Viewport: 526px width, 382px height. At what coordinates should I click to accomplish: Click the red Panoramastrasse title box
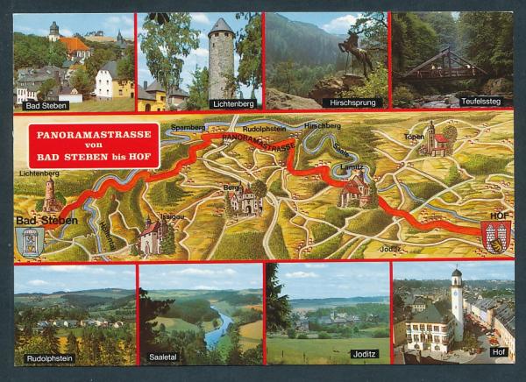[94, 145]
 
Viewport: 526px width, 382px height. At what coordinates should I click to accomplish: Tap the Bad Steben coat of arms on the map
[31, 241]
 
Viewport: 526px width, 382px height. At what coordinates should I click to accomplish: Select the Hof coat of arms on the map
[495, 237]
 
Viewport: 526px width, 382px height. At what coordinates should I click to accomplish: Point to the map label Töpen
[414, 137]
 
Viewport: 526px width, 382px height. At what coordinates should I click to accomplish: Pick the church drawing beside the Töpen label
[437, 140]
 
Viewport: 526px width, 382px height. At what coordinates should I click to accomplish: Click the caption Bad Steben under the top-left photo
[46, 105]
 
